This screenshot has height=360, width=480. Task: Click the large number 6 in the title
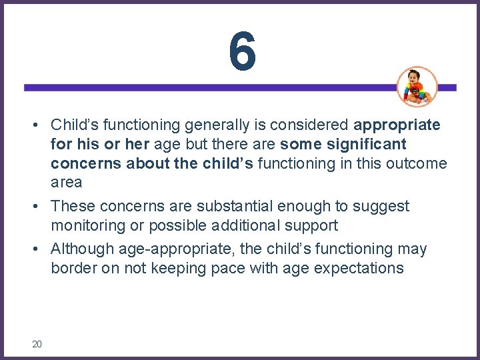[x=241, y=52]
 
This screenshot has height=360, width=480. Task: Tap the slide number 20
[x=37, y=344]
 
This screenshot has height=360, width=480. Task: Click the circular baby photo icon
[x=417, y=87]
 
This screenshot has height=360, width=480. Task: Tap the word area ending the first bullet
[x=66, y=183]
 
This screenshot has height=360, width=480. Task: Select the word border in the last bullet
[x=71, y=269]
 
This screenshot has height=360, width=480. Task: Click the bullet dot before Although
[x=41, y=250]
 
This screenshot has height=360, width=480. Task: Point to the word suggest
[x=383, y=207]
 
